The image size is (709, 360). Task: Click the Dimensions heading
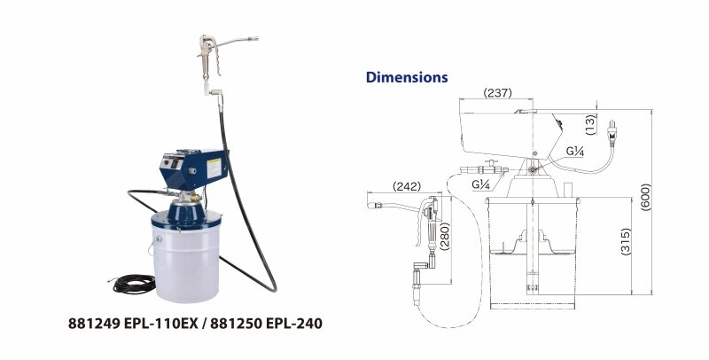coord(407,77)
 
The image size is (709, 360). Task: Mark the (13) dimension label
coord(589,122)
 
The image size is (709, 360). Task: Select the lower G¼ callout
coord(482,185)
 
